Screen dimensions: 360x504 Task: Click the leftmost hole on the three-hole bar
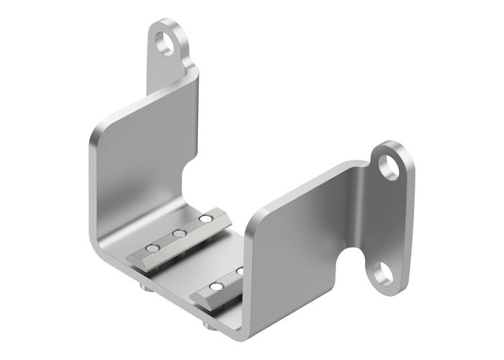[x=152, y=248]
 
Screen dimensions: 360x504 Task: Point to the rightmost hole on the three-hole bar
[x=206, y=218]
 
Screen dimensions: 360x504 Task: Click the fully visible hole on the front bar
[x=215, y=289]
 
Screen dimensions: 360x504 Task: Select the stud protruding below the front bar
[x=209, y=325]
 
